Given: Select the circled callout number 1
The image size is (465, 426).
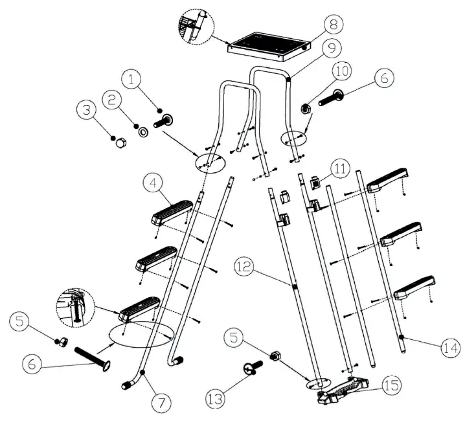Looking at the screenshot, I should pyautogui.click(x=132, y=80).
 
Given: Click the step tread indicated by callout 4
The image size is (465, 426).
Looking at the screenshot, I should pyautogui.click(x=172, y=211).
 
